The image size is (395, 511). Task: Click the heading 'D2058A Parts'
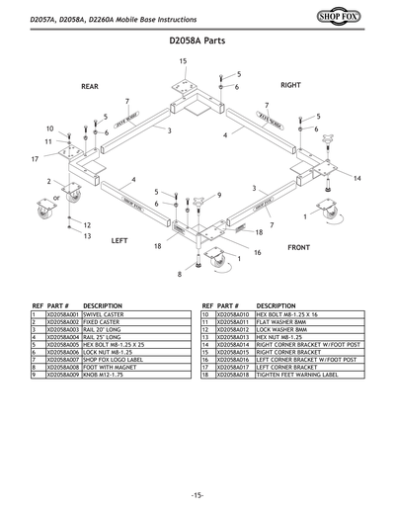(x=197, y=43)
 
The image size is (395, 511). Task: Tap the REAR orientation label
(x=90, y=87)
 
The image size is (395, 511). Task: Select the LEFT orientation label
(x=119, y=240)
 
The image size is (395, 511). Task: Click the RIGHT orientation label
(x=289, y=86)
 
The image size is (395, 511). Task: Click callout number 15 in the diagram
(x=183, y=61)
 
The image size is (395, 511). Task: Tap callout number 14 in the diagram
(x=357, y=178)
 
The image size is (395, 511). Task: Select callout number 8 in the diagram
(x=180, y=274)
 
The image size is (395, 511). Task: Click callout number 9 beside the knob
(x=218, y=194)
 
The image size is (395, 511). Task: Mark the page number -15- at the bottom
(x=197, y=493)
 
